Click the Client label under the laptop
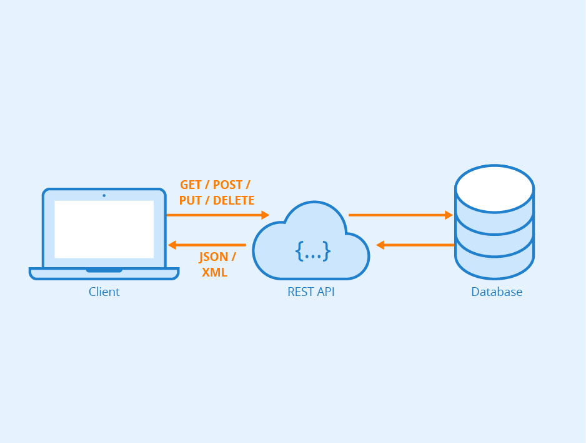pyautogui.click(x=104, y=292)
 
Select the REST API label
pyautogui.click(x=311, y=292)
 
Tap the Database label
pyautogui.click(x=497, y=292)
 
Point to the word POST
pyautogui.click(x=229, y=185)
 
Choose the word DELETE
pyautogui.click(x=234, y=201)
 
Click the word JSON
pyautogui.click(x=214, y=257)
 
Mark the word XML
pyautogui.click(x=214, y=273)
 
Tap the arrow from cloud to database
pyautogui.click(x=400, y=215)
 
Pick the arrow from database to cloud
pyautogui.click(x=415, y=245)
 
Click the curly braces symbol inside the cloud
pyautogui.click(x=312, y=252)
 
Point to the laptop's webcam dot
pyautogui.click(x=104, y=195)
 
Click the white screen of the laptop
pyautogui.click(x=104, y=229)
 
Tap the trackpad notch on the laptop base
pyautogui.click(x=104, y=270)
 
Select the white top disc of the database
pyautogui.click(x=494, y=188)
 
